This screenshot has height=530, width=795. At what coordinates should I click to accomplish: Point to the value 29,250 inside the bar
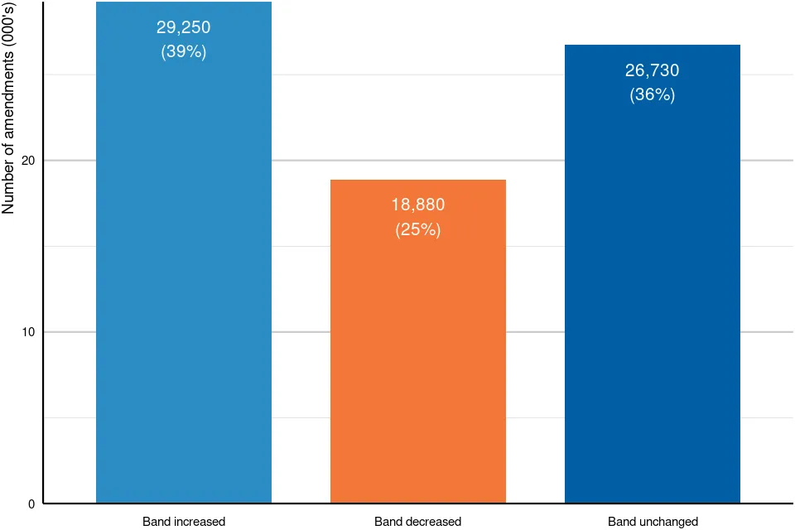coord(184,27)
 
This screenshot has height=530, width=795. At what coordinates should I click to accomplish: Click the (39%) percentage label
coord(184,51)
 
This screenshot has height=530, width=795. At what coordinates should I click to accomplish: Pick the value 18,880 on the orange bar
coord(417,205)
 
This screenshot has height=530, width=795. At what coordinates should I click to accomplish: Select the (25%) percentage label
coord(417,229)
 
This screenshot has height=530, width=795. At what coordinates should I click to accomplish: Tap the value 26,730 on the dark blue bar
coord(653,70)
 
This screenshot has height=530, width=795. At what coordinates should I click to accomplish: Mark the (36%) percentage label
coord(653,94)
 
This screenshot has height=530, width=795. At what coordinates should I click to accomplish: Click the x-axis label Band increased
coord(184,522)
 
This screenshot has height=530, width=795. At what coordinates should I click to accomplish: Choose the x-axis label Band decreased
coord(417,522)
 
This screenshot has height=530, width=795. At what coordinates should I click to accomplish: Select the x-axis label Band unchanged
coord(653,522)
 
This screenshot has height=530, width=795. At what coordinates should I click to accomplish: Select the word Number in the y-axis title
coord(8,190)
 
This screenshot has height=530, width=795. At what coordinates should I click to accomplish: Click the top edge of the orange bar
coord(417,180)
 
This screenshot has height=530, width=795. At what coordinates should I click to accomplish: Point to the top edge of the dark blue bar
coord(653,45)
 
